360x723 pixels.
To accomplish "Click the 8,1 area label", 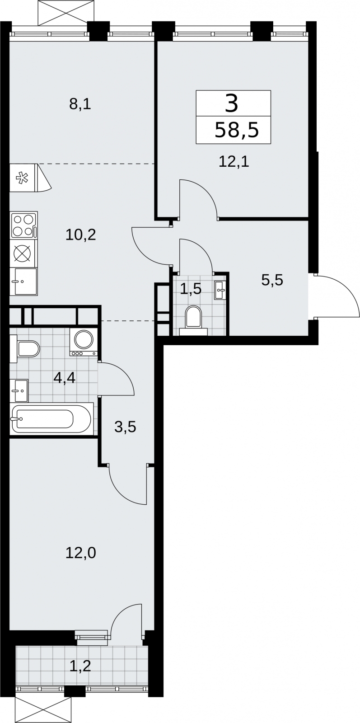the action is point(80,104).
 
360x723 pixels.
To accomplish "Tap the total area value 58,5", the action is point(237,131).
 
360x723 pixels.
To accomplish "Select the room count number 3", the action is point(232,103).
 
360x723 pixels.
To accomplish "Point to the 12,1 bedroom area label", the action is point(234,161).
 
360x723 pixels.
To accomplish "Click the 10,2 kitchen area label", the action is point(81,235).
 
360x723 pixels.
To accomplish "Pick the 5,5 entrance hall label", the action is point(272,280).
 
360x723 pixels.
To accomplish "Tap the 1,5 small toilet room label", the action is point(191,289).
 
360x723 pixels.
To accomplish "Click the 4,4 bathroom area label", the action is point(65,378).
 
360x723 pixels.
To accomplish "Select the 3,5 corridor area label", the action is point(125,427).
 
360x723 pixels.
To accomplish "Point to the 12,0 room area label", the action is point(81,553).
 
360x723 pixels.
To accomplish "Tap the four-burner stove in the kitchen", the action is point(23,225).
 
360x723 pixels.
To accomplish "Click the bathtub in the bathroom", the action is point(51,419).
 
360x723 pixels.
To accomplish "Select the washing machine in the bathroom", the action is point(84,342).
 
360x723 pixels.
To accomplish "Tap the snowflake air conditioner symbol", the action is point(23,178).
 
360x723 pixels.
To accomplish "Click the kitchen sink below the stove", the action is point(23,282).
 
